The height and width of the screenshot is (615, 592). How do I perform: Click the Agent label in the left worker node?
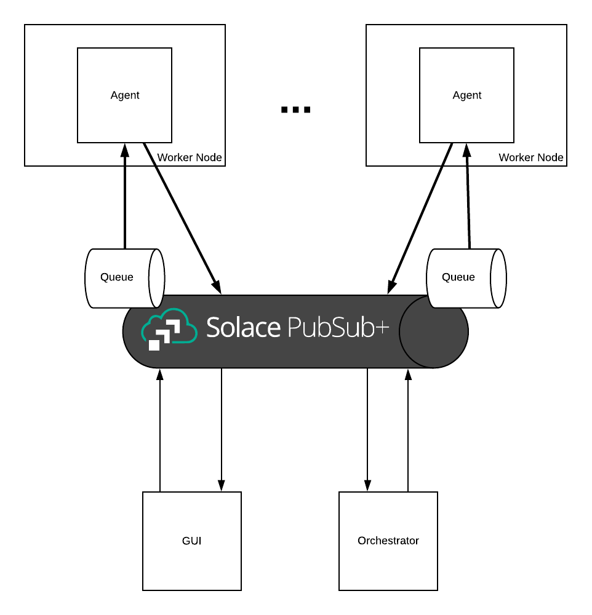(125, 95)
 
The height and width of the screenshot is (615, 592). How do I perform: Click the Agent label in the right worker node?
(467, 95)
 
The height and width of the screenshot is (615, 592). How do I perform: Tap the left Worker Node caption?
(189, 157)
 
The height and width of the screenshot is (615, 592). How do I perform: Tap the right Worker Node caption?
(530, 157)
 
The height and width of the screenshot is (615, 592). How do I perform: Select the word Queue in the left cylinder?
(117, 277)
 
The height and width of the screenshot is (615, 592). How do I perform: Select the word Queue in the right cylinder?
(458, 277)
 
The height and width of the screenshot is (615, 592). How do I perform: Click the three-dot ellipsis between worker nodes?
(295, 110)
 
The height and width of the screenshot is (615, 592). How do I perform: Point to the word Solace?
(243, 328)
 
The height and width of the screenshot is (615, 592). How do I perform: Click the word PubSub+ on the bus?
(338, 328)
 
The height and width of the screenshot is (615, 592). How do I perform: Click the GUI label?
(192, 541)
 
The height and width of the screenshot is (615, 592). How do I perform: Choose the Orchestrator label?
(388, 541)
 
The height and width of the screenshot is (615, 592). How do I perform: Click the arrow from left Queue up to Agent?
(125, 197)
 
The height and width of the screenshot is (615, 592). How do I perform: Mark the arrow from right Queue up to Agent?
(468, 197)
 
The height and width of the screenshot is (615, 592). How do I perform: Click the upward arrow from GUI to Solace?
(160, 430)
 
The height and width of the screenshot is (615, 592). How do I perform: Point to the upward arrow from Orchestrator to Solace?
(407, 430)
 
